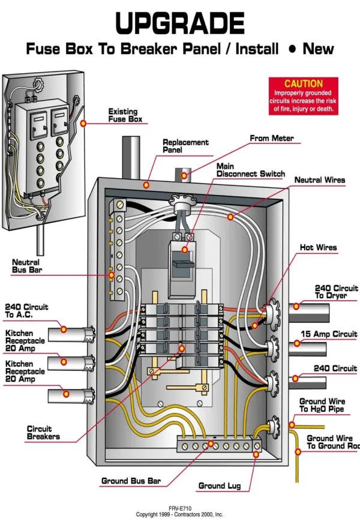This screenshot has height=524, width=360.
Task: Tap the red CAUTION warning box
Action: [303, 96]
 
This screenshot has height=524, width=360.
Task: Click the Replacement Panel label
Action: [185, 146]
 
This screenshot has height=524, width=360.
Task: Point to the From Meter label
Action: [271, 139]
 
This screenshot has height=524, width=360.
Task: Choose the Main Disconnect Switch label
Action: [250, 170]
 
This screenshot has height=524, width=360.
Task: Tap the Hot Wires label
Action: [318, 247]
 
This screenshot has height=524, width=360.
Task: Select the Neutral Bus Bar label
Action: [26, 266]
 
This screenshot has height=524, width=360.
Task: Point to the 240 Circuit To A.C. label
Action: [26, 310]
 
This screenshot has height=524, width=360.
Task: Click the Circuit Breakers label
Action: [43, 433]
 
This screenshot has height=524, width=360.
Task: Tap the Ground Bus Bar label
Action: [131, 481]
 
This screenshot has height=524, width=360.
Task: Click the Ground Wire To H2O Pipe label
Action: [322, 405]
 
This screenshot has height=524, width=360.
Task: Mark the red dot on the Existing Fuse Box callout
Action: [83, 123]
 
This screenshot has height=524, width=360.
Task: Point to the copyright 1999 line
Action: [179, 514]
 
